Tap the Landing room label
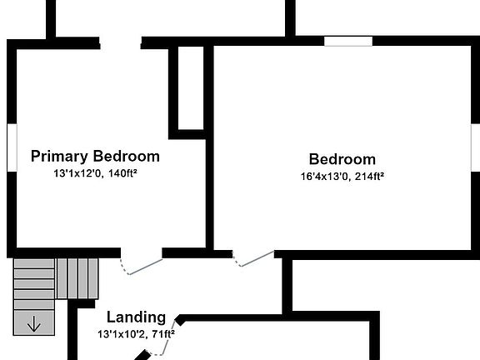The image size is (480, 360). tap(136, 317)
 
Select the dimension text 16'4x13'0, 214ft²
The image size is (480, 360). tap(342, 177)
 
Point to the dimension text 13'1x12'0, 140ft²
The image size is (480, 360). tap(95, 173)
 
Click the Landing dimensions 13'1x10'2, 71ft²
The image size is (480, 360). tap(136, 333)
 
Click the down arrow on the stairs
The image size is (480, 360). tap(33, 324)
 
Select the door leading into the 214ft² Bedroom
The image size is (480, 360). tap(253, 259)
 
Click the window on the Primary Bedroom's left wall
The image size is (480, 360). tap(12, 147)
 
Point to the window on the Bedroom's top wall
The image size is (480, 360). tap(348, 42)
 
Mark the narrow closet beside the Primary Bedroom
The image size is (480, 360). tap(191, 88)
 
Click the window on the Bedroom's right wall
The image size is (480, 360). tap(475, 147)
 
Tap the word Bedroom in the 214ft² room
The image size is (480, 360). tap(342, 159)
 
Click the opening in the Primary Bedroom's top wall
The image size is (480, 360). tap(120, 43)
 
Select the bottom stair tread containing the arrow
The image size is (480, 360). tap(34, 322)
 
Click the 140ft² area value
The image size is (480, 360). tap(122, 173)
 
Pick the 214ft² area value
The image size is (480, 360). tap(369, 177)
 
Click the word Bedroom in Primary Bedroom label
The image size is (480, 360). tap(126, 156)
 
